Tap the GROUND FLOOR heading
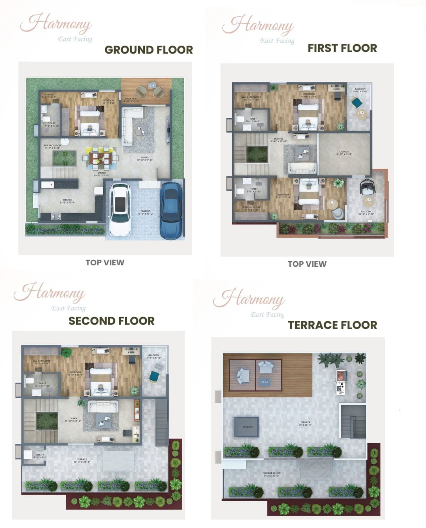click(148, 50)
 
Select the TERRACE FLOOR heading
click(332, 325)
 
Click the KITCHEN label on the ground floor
click(67, 201)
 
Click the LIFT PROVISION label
click(53, 146)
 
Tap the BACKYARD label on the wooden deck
click(131, 100)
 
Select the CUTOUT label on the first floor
click(344, 153)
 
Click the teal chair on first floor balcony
click(357, 102)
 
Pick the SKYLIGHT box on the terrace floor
click(246, 427)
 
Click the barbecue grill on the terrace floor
click(342, 376)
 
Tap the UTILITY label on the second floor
click(40, 456)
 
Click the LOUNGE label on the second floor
click(73, 419)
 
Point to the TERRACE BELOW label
click(271, 474)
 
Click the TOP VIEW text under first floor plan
click(307, 264)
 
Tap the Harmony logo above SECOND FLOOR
click(50, 293)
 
